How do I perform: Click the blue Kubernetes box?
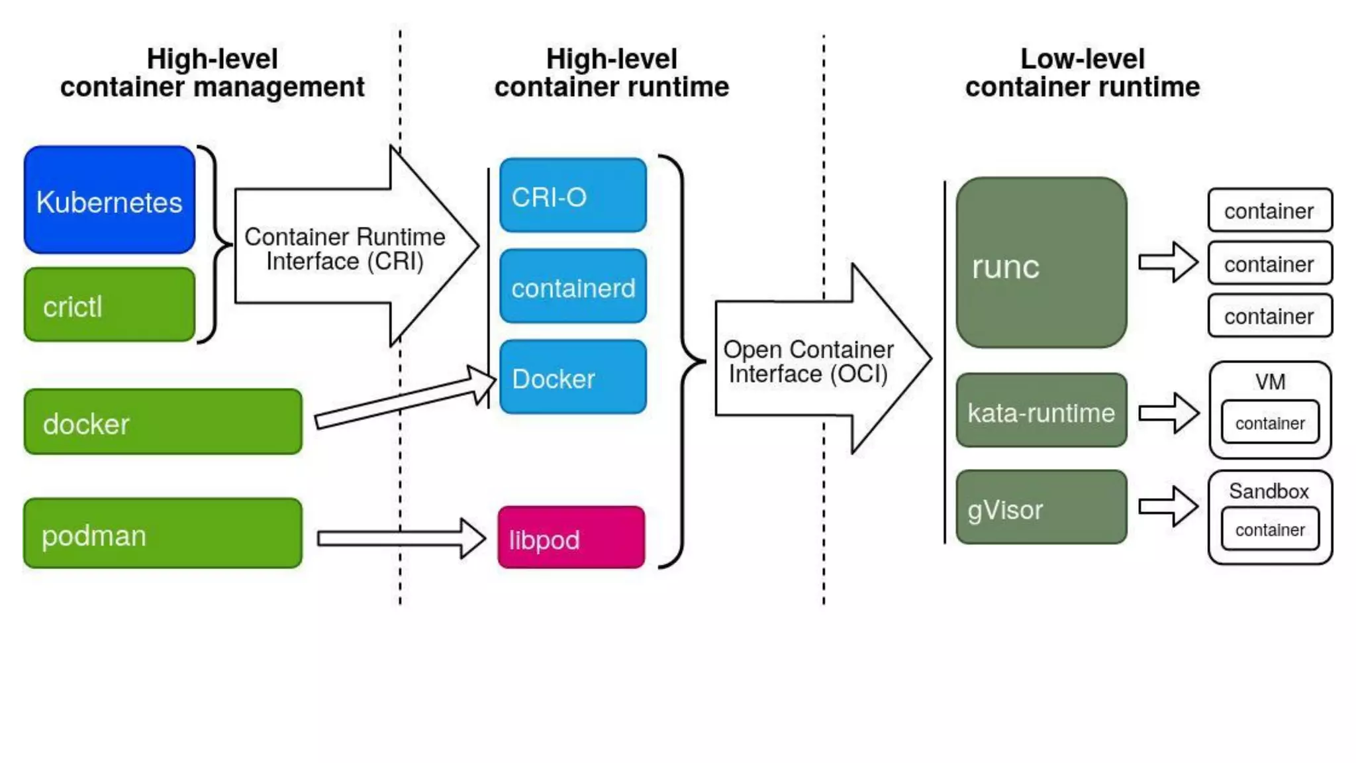click(x=109, y=200)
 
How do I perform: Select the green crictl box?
click(x=109, y=305)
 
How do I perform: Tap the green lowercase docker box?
click(x=162, y=422)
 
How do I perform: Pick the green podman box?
click(x=162, y=533)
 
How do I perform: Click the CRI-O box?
click(x=573, y=195)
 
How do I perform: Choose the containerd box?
click(x=573, y=287)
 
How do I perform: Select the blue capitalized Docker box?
click(x=573, y=378)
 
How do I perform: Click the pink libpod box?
click(x=571, y=538)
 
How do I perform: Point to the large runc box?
click(x=1041, y=263)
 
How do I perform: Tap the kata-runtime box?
click(x=1041, y=411)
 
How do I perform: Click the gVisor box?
click(x=1041, y=508)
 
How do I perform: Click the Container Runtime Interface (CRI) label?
click(x=344, y=249)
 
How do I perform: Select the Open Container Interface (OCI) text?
click(x=808, y=362)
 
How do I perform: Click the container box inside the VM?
click(x=1269, y=423)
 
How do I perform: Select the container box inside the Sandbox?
click(x=1269, y=529)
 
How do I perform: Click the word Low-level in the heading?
click(x=1082, y=59)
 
